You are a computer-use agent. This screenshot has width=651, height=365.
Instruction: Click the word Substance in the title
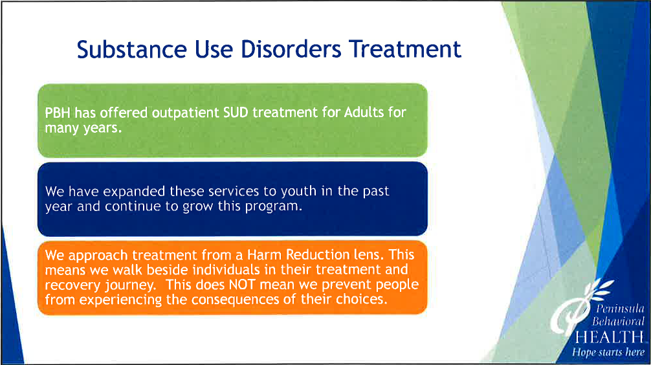pos(132,49)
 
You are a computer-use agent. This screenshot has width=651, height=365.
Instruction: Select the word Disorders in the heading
pos(291,49)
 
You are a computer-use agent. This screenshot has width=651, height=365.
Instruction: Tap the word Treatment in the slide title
pos(405,49)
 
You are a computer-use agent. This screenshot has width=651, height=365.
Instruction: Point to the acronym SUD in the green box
pos(236,113)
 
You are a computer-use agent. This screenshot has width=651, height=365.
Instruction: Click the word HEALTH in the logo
pos(610,337)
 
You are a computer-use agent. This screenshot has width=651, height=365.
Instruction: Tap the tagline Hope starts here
pos(608,353)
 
